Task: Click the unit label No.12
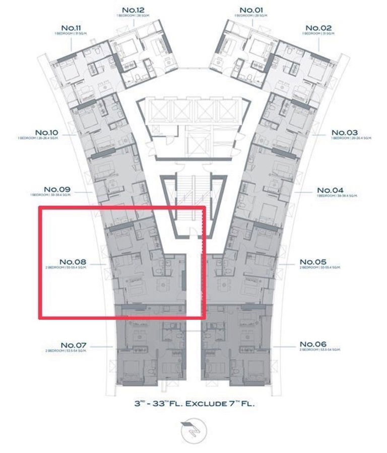134,10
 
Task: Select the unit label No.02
318,28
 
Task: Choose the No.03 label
344,133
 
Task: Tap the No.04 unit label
330,190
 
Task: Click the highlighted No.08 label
73,262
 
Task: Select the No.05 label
313,262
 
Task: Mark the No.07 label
74,345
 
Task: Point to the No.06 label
313,345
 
